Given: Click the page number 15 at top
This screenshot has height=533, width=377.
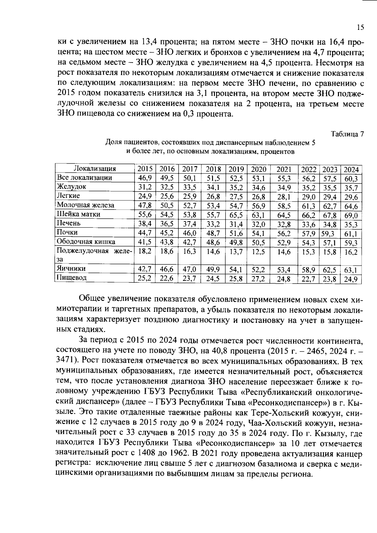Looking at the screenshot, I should [x=360, y=27].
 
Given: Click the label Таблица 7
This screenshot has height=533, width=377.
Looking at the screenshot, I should [x=347, y=134].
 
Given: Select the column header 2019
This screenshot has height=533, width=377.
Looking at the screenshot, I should [x=236, y=169].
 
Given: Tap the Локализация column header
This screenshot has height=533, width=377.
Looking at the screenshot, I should [x=94, y=169].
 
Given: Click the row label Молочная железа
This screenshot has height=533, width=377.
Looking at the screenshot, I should [x=85, y=205].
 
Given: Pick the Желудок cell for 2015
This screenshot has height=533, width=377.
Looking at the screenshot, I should [x=145, y=187].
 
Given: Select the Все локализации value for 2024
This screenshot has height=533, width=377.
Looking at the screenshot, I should [x=351, y=179].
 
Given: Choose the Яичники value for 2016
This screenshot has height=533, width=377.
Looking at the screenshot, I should [x=167, y=269].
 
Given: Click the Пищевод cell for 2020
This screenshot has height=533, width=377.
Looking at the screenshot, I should [x=259, y=279].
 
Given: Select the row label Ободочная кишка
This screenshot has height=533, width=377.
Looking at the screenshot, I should [x=86, y=242].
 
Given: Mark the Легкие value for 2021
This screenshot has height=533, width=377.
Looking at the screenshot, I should [x=284, y=197].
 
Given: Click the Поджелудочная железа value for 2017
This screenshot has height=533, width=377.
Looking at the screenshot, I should [x=190, y=252].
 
